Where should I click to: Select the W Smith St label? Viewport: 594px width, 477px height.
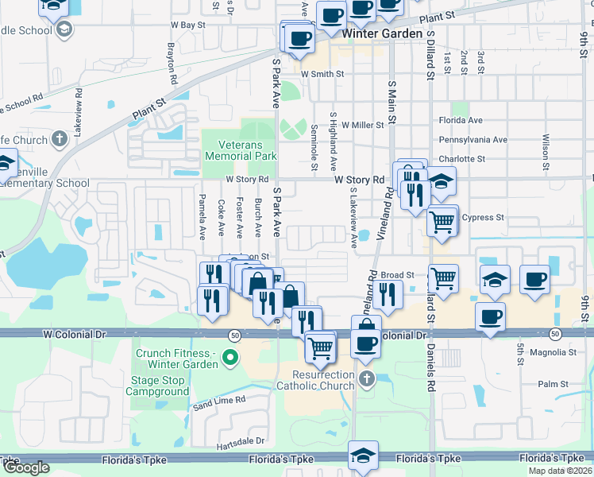coord(322,74)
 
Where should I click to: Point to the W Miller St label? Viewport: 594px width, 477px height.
coord(363,125)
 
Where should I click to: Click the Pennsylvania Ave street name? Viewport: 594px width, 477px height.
coord(473,140)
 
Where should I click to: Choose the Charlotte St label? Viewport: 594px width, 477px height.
coord(462,159)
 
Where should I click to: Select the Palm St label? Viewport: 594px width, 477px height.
coord(548,384)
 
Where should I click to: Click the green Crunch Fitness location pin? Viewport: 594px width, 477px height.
coord(231,359)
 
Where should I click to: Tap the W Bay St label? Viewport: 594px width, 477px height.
coord(188,25)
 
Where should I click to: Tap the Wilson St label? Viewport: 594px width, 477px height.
coord(546,152)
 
